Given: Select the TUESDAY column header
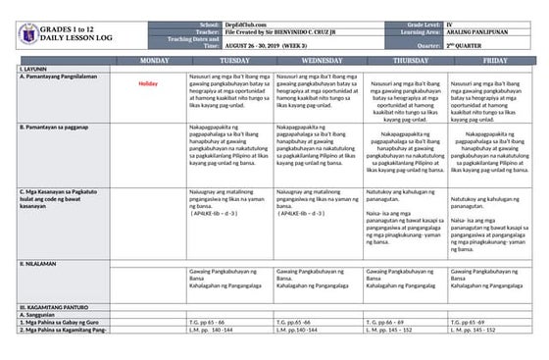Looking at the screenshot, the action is [x=229, y=61].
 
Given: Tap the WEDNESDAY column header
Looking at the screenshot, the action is [x=319, y=61].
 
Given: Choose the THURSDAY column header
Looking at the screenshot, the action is [x=407, y=61].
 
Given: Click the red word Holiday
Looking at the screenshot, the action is [x=149, y=84].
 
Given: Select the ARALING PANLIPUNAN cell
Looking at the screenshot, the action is [x=477, y=31].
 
